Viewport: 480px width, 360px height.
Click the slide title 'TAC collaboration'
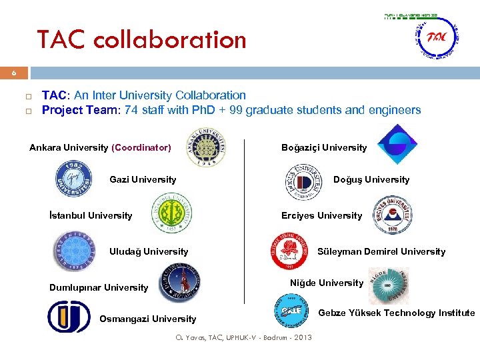click(x=141, y=40)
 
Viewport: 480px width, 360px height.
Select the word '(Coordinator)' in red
click(x=141, y=147)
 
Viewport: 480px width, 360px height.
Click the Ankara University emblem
click(x=206, y=147)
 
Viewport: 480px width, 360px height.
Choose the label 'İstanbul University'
click(x=91, y=215)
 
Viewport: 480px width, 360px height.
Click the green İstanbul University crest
click(x=172, y=215)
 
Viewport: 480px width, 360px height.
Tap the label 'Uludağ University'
click(x=148, y=251)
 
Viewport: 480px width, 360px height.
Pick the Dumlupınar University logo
click(x=181, y=283)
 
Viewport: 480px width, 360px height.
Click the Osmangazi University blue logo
click(x=69, y=317)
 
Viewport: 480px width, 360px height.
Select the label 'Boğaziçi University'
click(x=324, y=147)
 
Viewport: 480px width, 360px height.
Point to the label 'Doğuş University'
click(x=371, y=179)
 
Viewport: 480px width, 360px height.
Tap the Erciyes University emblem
click(x=393, y=215)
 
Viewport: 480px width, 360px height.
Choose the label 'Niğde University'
click(x=327, y=283)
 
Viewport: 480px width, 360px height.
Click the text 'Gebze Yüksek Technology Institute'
click(x=397, y=313)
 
